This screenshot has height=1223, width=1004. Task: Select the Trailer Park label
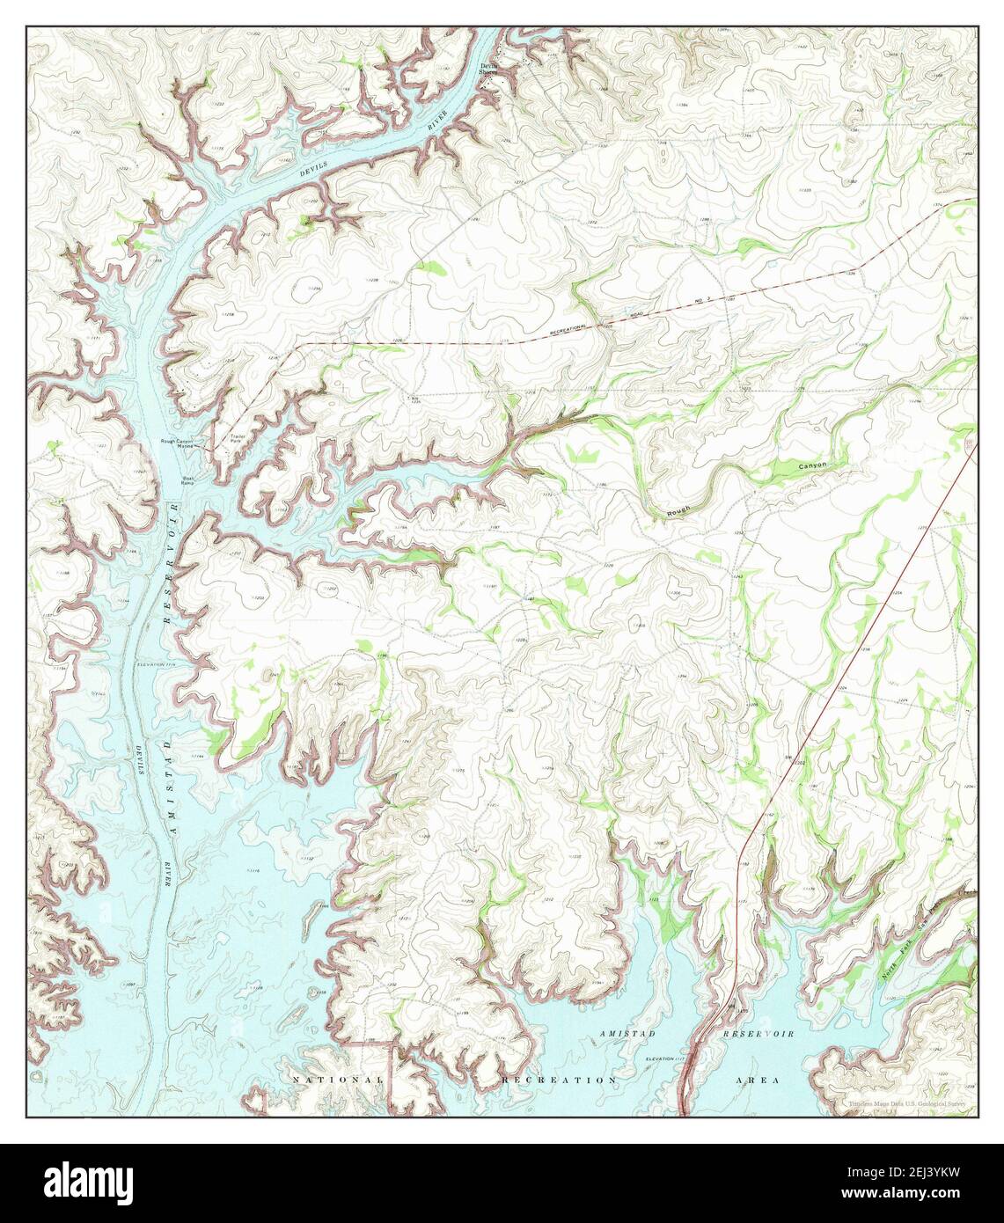click(237, 437)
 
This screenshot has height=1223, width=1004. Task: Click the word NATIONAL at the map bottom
click(338, 1079)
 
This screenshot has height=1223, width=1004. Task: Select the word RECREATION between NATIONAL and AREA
click(559, 1079)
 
